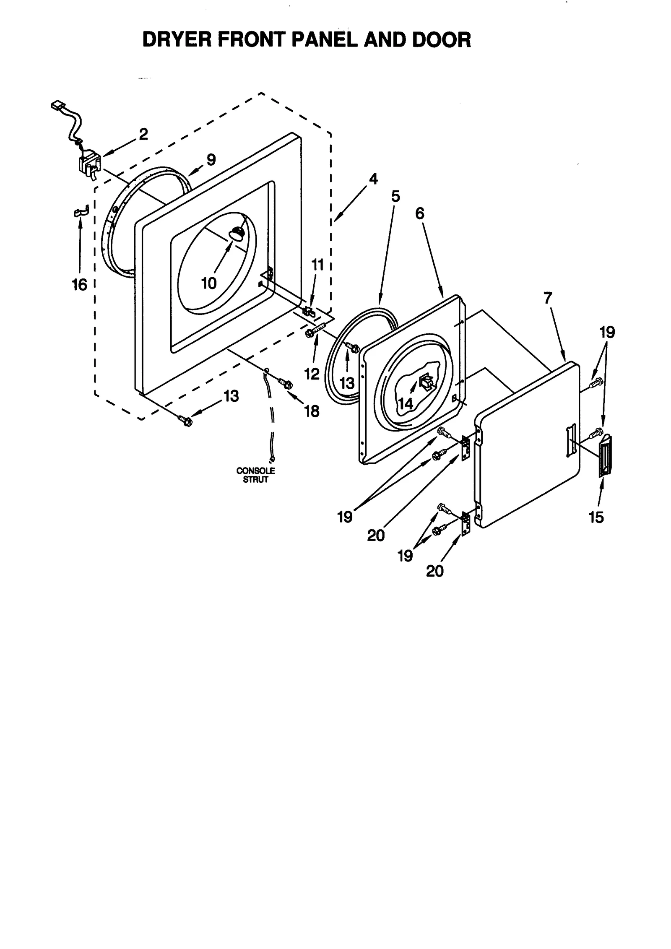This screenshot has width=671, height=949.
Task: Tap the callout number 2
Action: [143, 135]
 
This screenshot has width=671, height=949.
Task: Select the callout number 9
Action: [211, 160]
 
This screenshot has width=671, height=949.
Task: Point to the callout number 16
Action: [79, 285]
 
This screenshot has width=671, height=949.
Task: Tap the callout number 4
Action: [373, 179]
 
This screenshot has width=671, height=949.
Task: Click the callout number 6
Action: [420, 213]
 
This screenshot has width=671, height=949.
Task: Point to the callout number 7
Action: [548, 298]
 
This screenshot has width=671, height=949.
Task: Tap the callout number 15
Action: [596, 517]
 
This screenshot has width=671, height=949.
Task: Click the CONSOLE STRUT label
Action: [255, 475]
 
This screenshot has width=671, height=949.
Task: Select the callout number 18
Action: [312, 411]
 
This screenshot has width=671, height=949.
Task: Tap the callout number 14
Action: [405, 403]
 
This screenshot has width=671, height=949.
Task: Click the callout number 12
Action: [312, 374]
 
